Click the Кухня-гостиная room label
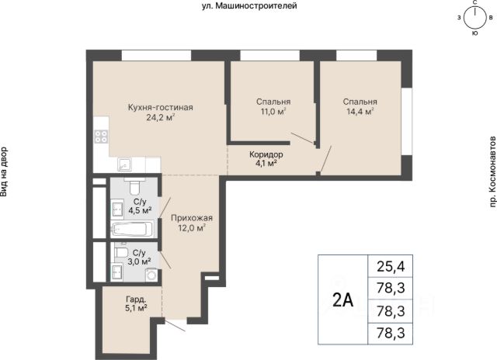(161, 107)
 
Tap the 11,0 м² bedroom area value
(273, 112)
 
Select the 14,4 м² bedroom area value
(360, 112)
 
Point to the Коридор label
(266, 154)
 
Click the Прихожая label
(192, 218)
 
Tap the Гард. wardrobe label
(136, 299)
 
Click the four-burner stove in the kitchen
(101, 137)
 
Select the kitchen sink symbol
(124, 164)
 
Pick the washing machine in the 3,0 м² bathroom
(151, 275)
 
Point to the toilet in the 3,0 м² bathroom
(121, 253)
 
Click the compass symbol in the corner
(474, 17)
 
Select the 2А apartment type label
(343, 300)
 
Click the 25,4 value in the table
(391, 267)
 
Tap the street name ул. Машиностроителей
(249, 5)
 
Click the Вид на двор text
(4, 171)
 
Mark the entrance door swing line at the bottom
(175, 326)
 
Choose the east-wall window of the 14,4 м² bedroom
(407, 121)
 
